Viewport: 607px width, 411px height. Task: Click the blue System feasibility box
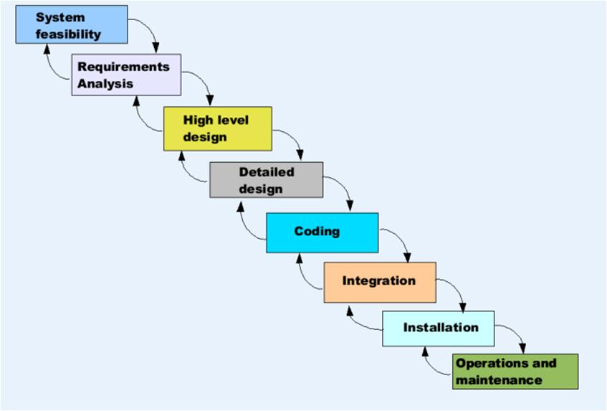(72, 24)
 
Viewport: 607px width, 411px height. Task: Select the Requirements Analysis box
(126, 75)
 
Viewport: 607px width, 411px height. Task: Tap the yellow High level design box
(217, 128)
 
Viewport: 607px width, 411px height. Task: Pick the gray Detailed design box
(266, 179)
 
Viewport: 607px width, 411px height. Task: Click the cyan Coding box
(322, 232)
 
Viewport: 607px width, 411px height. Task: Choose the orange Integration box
(379, 281)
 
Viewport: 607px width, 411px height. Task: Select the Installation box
(438, 329)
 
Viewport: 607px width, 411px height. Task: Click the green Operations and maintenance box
(515, 371)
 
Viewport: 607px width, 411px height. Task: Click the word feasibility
(69, 34)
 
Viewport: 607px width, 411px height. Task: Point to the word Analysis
(106, 83)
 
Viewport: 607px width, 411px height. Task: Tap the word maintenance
(499, 380)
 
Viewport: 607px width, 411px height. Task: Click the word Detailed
(267, 172)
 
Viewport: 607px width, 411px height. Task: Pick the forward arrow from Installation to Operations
(516, 334)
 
